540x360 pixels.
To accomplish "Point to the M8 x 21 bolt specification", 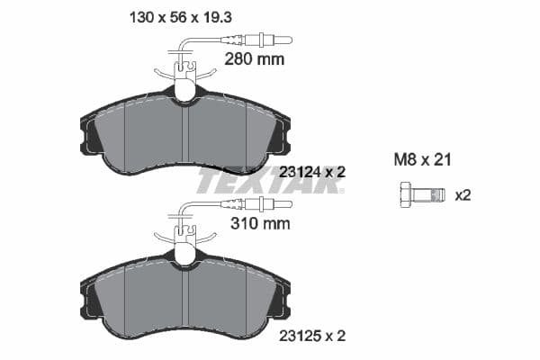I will (422, 160).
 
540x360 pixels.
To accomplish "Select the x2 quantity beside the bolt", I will (463, 194).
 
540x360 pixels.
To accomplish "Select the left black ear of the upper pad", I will (91, 135).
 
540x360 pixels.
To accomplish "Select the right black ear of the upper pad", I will (280, 135).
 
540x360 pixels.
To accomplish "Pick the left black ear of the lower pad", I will (91, 299).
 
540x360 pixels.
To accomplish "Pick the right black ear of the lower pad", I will (280, 299).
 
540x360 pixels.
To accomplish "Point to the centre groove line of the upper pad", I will (184, 135).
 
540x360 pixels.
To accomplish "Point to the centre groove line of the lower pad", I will (184, 299).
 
